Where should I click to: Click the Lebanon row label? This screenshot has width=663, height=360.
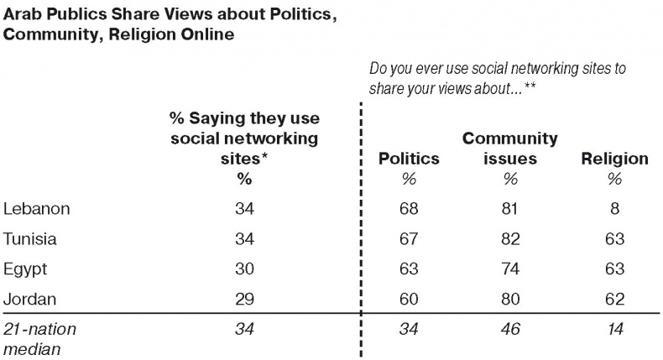[37, 208]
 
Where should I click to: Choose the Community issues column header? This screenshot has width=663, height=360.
[510, 149]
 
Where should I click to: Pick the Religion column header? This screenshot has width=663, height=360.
[614, 159]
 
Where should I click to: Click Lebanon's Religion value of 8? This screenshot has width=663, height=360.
[614, 208]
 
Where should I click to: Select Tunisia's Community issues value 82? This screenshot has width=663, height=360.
[510, 238]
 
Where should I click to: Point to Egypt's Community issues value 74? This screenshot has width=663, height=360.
[510, 269]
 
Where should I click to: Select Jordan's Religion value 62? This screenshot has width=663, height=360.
[614, 299]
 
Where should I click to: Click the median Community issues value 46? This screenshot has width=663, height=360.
[510, 330]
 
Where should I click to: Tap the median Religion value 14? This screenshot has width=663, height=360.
[614, 330]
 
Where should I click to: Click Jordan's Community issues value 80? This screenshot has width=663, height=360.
[510, 299]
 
